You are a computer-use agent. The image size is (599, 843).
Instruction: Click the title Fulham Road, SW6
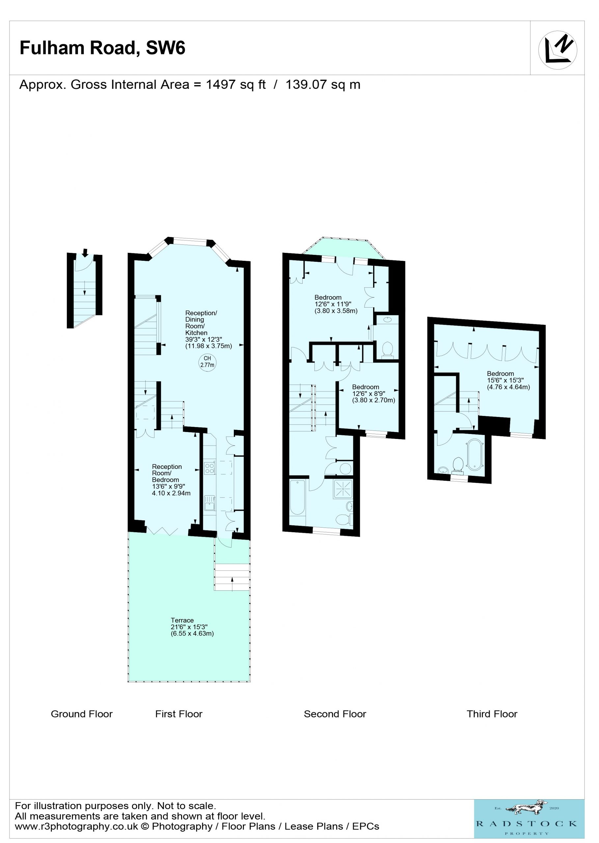[x=102, y=48]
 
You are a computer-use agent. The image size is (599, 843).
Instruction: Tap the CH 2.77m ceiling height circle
[x=207, y=362]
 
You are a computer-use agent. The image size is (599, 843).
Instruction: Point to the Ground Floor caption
[x=82, y=714]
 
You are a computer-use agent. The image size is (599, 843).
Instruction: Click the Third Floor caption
[x=492, y=714]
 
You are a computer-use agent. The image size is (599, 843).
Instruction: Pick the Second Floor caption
[x=335, y=714]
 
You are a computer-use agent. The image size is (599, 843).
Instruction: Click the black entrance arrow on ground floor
[x=85, y=253]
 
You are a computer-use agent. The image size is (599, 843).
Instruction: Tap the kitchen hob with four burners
[x=209, y=468]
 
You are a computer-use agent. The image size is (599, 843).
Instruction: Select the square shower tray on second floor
[x=343, y=489]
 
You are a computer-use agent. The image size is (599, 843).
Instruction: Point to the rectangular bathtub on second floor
[x=297, y=497]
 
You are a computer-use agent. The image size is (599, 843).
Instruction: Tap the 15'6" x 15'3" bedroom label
[x=508, y=380]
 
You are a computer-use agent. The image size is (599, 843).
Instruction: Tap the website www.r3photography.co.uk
[x=76, y=827]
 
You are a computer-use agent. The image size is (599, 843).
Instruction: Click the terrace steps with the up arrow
[x=232, y=577]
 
